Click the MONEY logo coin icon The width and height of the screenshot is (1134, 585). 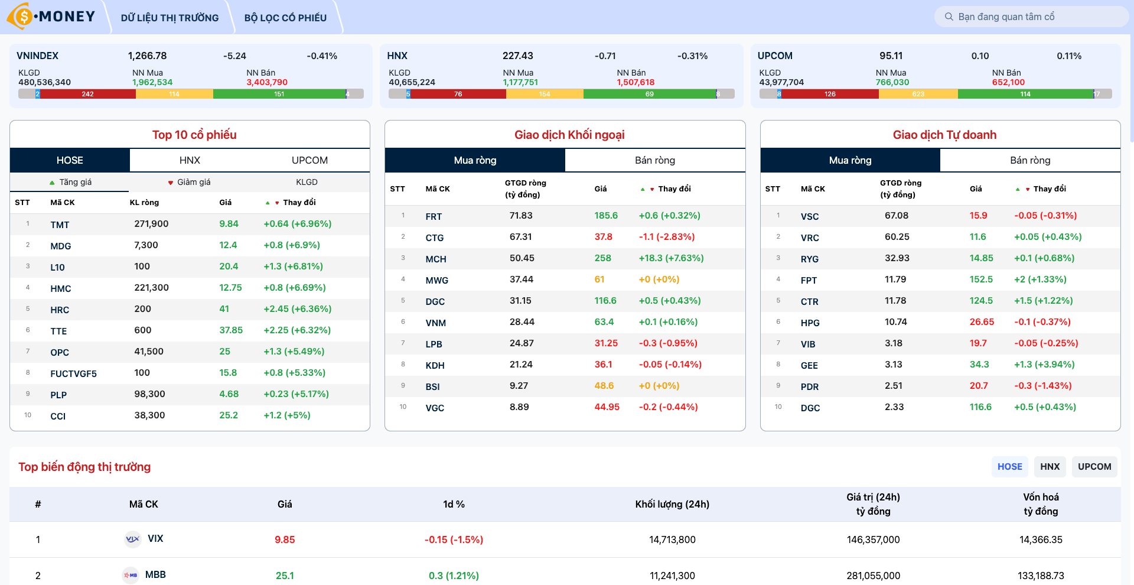coord(22,16)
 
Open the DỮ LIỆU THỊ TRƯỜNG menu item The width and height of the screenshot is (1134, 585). coord(170,18)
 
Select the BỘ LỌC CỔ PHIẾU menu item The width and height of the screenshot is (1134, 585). coord(285,18)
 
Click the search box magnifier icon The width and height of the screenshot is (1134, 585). coord(949,17)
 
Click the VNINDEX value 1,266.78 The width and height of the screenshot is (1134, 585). coord(147,56)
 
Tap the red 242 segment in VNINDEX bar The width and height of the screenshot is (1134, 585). coord(87,94)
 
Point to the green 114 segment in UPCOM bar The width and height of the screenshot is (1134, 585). coord(1025,94)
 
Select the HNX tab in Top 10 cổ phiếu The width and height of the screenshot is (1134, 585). coord(190,160)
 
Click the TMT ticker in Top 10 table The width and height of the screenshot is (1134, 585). coord(60,225)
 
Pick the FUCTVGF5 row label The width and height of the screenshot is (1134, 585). coord(73,373)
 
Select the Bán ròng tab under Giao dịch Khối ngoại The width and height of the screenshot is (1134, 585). coord(654,160)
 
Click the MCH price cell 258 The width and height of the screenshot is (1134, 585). coord(602,258)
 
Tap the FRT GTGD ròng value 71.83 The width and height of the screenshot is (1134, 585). coord(521,216)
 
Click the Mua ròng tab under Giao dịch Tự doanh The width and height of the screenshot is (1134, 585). coord(850,160)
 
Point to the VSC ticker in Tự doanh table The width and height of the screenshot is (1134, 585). coord(809,216)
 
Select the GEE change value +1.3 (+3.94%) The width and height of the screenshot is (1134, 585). coord(1044,365)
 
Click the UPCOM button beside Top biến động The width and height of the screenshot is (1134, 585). coord(1094,466)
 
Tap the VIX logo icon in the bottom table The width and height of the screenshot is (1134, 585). coord(133,539)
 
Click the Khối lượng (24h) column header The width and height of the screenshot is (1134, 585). coord(672,504)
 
